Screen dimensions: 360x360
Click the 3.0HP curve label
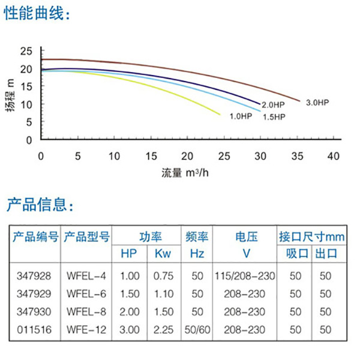point(317,103)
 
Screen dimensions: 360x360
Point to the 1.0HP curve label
point(240,116)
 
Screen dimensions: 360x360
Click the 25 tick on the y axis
point(25,50)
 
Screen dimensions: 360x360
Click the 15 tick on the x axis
point(151,156)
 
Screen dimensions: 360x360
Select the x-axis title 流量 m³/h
point(187,173)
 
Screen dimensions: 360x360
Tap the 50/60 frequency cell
point(197,329)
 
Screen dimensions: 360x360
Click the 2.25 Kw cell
point(163,329)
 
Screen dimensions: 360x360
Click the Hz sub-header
point(197,254)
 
